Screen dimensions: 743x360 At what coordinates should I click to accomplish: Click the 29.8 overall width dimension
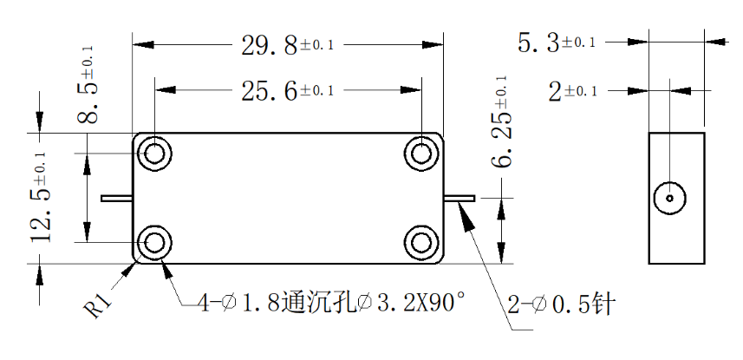point(288,45)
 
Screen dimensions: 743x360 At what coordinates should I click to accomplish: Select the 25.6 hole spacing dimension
point(288,90)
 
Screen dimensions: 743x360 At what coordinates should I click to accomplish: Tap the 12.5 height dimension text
point(40,196)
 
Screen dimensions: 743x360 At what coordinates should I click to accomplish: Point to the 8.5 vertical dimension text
point(88,84)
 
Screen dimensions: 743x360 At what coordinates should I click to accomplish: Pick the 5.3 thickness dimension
point(557,43)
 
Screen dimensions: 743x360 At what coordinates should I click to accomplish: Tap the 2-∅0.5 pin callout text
point(561,304)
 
